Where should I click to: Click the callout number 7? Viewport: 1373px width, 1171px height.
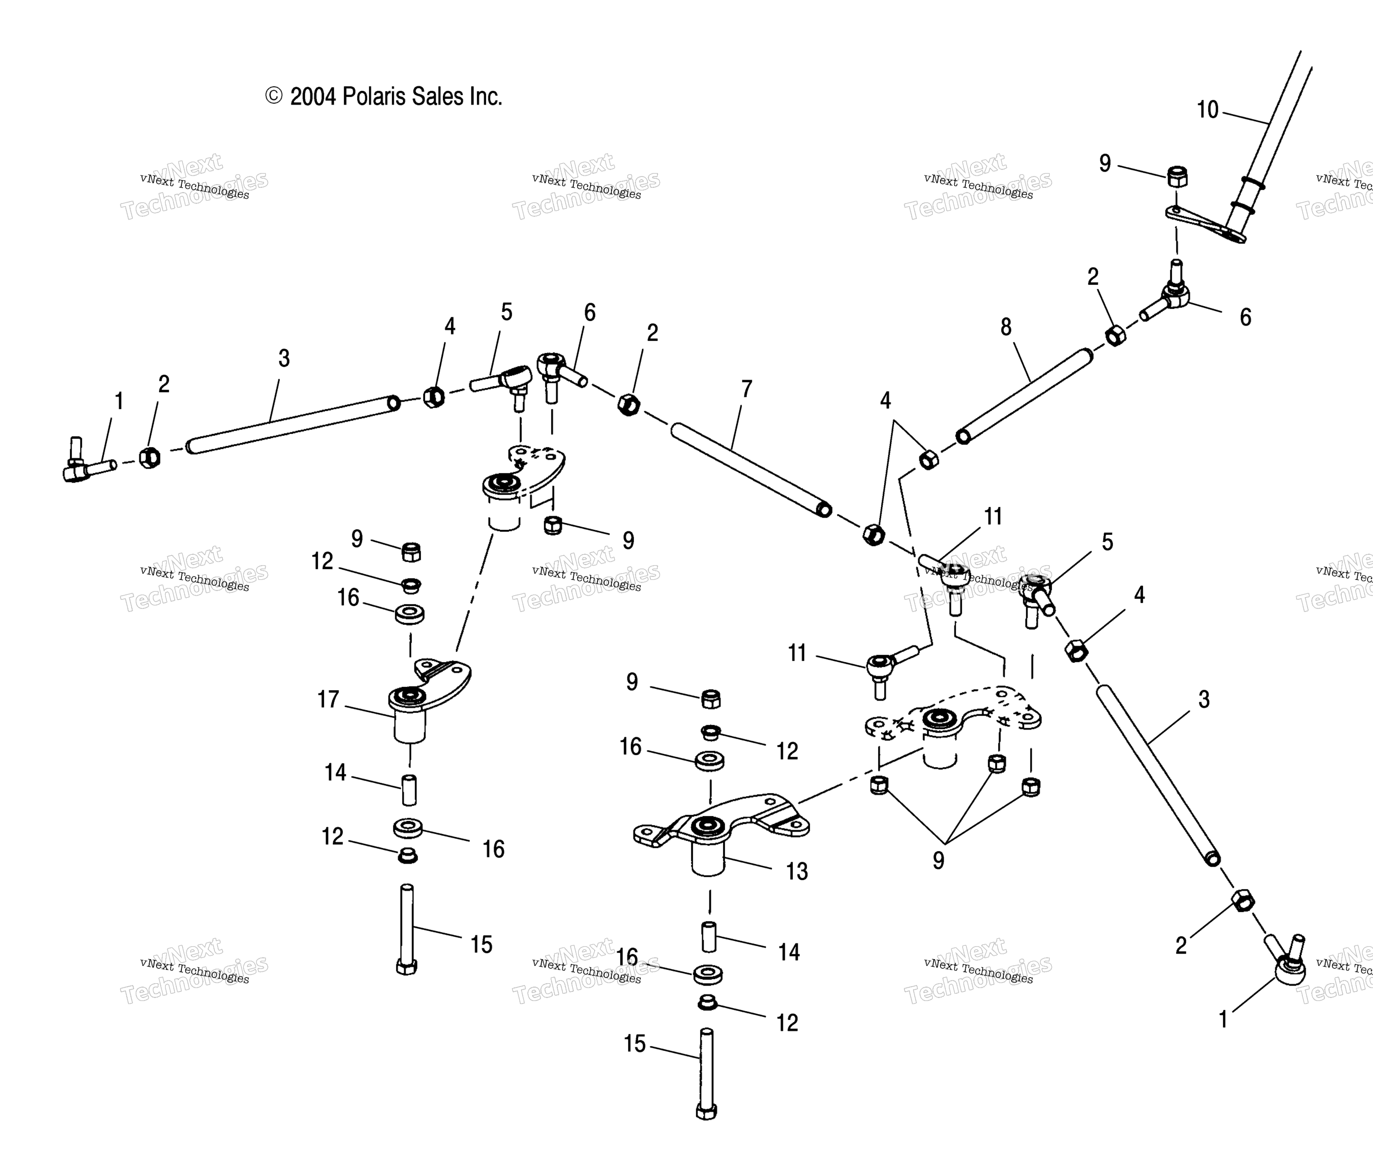point(747,389)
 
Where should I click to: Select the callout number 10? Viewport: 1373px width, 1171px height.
point(1207,109)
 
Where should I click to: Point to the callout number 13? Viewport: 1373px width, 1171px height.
point(796,871)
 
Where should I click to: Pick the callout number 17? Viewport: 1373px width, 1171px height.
point(328,699)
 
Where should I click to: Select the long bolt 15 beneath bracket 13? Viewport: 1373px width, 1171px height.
point(707,1073)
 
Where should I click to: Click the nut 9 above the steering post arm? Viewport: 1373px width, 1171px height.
point(1177,177)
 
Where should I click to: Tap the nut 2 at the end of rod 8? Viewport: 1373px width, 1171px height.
point(1116,335)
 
